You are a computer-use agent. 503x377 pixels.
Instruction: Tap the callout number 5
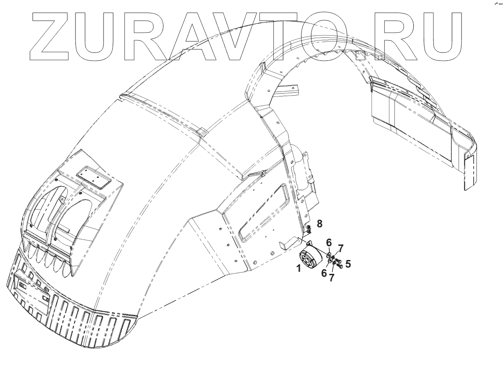pyautogui.click(x=348, y=265)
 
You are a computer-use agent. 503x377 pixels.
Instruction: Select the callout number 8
pyautogui.click(x=319, y=224)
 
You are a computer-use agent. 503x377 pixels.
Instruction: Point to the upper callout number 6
pyautogui.click(x=329, y=242)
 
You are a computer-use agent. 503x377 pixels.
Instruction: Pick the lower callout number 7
pyautogui.click(x=332, y=277)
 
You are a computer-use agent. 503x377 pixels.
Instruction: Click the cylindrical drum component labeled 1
pyautogui.click(x=312, y=260)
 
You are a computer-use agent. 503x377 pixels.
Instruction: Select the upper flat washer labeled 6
pyautogui.click(x=329, y=254)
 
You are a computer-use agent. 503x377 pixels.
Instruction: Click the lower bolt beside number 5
pyautogui.click(x=340, y=265)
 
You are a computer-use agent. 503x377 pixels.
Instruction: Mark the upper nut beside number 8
pyautogui.click(x=309, y=227)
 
